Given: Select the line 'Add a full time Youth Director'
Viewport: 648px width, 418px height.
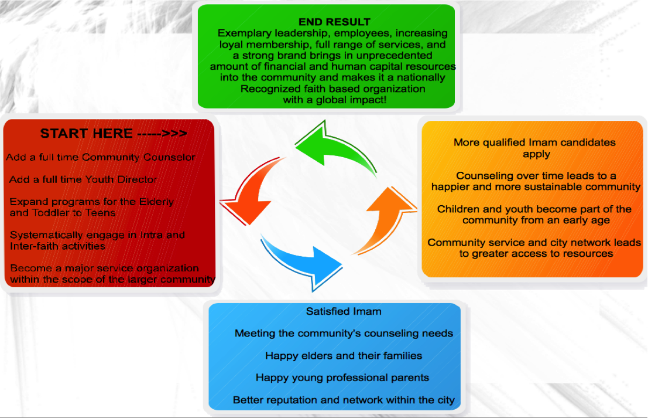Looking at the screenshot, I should [84, 179].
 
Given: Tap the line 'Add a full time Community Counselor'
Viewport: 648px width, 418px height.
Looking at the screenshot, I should [101, 157].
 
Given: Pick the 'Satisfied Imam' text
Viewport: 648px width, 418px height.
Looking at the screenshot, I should [344, 311].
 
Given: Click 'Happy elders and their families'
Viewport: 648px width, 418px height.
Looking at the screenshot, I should [344, 355].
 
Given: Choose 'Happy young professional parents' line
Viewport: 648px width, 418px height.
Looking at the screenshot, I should [342, 378].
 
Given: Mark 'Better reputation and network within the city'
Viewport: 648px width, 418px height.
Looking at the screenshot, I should [344, 400].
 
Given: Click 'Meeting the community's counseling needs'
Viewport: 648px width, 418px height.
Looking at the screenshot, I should [344, 333].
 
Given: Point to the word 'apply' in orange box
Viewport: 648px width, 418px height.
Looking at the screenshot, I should [536, 154].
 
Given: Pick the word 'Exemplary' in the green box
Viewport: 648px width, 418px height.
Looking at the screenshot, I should [242, 33].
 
